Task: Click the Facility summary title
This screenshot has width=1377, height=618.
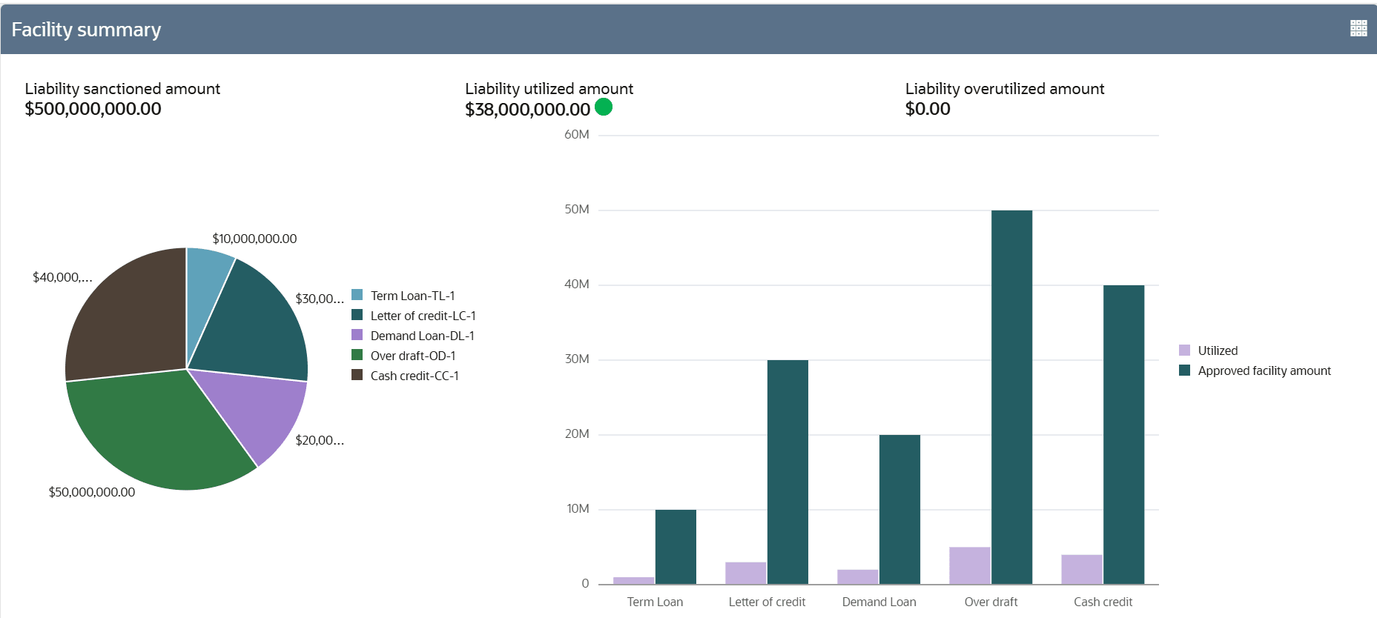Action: pos(86,30)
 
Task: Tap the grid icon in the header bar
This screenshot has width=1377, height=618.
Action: pos(1358,28)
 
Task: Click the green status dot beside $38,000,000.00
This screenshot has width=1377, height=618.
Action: pos(604,107)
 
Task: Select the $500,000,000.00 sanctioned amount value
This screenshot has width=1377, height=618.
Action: pos(93,109)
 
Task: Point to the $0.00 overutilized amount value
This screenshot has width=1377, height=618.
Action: pos(928,109)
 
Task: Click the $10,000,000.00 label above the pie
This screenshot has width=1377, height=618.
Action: pos(254,239)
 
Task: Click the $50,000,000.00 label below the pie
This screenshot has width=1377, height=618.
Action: pos(92,492)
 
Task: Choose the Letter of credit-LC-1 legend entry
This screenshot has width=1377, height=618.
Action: pos(423,316)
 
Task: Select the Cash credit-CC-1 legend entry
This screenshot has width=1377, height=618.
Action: pos(415,376)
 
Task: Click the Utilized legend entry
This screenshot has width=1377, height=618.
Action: pos(1218,350)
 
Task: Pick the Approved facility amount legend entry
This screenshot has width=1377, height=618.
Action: pos(1264,371)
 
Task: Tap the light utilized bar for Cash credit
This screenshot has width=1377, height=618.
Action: pos(1081,569)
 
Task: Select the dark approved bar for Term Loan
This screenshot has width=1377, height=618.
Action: pos(676,547)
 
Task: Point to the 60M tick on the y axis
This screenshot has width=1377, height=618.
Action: pos(577,135)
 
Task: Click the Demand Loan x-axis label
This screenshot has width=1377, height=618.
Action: pos(879,602)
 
